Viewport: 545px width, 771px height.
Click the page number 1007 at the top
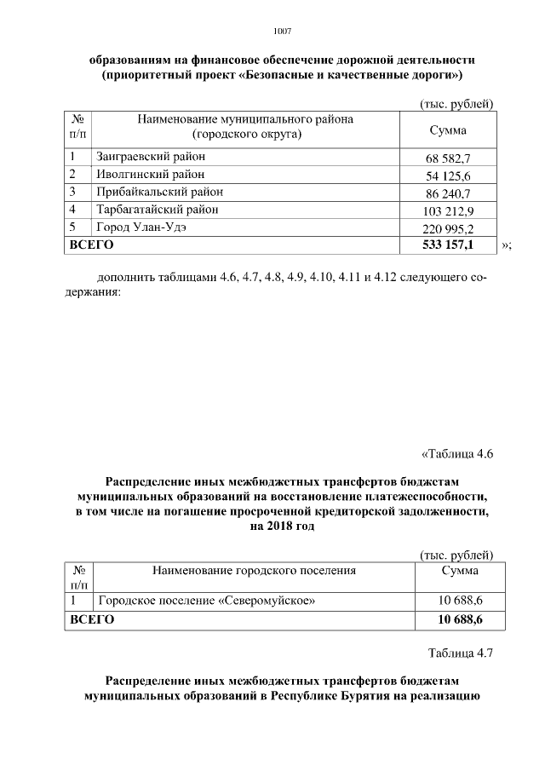[282, 32]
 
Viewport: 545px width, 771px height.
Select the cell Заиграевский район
[151, 157]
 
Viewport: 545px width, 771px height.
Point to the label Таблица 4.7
[460, 653]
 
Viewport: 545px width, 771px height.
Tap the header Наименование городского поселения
[253, 570]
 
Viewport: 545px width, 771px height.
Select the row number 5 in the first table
[73, 226]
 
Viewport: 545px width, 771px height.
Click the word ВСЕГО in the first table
[92, 245]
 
